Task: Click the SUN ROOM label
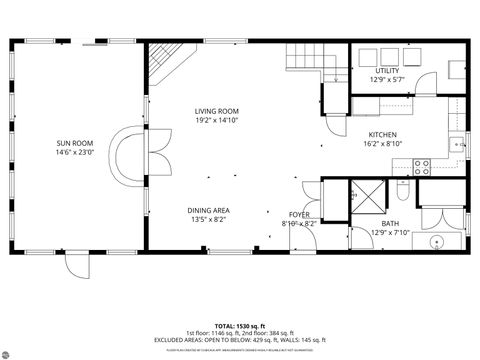coord(75,143)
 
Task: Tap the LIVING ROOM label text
coord(216,111)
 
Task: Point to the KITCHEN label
coord(383,135)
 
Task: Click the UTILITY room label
coord(386,71)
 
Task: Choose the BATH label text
coord(390,224)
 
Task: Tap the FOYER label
coord(299,215)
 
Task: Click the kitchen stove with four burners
coord(422,164)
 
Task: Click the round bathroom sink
coord(437,242)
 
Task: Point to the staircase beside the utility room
coord(303,59)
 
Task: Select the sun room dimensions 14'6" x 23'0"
coord(75,153)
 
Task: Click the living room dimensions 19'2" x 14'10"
coord(216,121)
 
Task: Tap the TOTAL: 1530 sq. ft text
coord(239,326)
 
